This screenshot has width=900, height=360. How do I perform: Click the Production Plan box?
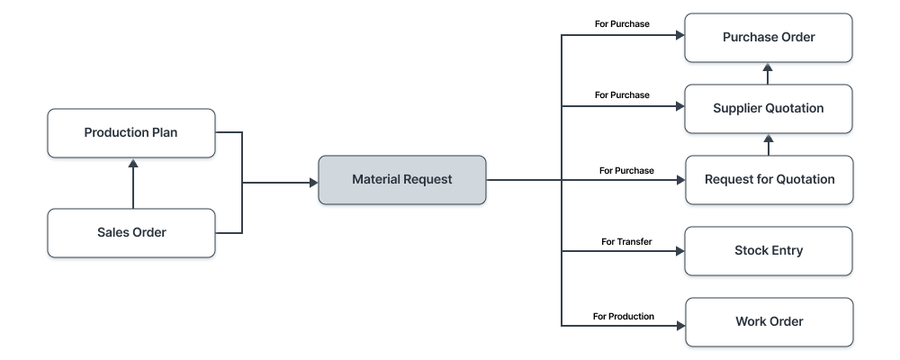click(131, 133)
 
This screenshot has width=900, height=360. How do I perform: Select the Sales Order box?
click(131, 233)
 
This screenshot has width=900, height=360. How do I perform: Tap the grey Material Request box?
click(401, 180)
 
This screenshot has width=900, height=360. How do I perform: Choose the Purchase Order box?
click(768, 38)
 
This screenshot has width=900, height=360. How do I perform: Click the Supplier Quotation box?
click(768, 109)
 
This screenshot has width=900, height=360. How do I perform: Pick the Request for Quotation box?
click(768, 179)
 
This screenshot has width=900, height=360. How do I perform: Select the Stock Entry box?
click(768, 250)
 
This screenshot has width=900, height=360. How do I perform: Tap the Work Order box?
click(768, 321)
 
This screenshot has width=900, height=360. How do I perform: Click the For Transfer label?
click(626, 242)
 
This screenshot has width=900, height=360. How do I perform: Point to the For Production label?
click(624, 316)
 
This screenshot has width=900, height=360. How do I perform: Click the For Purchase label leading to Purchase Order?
click(623, 23)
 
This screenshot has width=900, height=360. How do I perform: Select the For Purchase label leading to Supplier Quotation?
click(623, 94)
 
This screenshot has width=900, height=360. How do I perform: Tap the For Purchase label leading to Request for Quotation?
click(626, 170)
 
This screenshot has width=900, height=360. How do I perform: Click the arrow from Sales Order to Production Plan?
click(132, 184)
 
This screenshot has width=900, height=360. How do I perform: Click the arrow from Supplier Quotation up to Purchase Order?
click(768, 74)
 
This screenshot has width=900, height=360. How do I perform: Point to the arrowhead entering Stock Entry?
click(679, 251)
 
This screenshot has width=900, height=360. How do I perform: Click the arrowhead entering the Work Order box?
click(679, 324)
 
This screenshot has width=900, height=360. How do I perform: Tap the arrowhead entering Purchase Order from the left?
click(679, 37)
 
